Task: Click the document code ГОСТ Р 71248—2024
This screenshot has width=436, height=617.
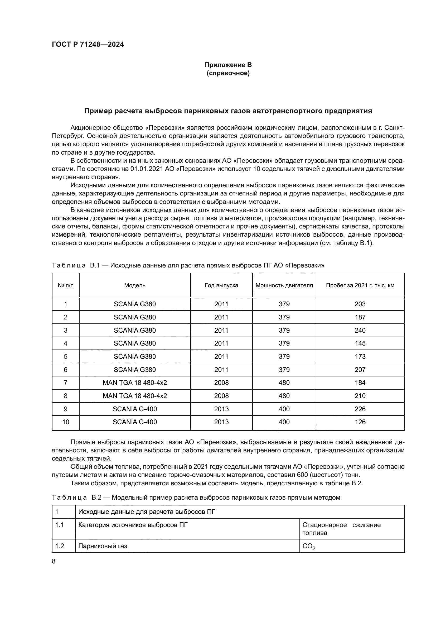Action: pyautogui.click(x=88, y=44)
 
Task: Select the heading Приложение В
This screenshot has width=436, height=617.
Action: pyautogui.click(x=228, y=65)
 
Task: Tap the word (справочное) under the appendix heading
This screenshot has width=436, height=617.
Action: pyautogui.click(x=228, y=73)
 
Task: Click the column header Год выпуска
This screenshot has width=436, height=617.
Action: pyautogui.click(x=221, y=285)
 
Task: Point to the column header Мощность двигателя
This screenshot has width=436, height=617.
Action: pyautogui.click(x=284, y=285)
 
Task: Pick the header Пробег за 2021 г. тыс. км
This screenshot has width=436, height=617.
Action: pyautogui.click(x=360, y=285)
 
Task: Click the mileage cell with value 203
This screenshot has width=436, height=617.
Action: pyautogui.click(x=360, y=304)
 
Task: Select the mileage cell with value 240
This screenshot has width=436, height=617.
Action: pyautogui.click(x=360, y=330)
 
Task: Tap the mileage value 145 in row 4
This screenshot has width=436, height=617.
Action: pyautogui.click(x=360, y=343)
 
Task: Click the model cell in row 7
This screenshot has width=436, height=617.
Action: pyautogui.click(x=135, y=382)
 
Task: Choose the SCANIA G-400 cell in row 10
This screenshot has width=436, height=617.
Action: pyautogui.click(x=135, y=422)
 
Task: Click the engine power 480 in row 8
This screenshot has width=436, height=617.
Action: pyautogui.click(x=284, y=396)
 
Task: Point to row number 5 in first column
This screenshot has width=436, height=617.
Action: pyautogui.click(x=66, y=356)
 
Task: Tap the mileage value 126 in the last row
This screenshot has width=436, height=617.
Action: pyautogui.click(x=360, y=422)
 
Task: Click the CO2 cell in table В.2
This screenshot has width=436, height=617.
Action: pyautogui.click(x=309, y=547)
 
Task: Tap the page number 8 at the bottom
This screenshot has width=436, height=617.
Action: pyautogui.click(x=54, y=561)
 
